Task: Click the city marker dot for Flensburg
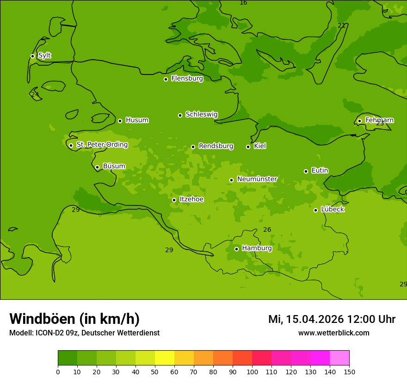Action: coord(166,79)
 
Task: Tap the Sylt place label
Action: coord(44,56)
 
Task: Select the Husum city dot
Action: coord(120,121)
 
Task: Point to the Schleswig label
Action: coord(201,114)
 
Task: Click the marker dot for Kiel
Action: coord(248,147)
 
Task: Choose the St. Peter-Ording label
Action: coord(102,144)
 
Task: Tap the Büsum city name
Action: coord(114,166)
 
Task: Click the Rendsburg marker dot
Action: coord(193,147)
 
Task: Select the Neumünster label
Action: coord(257,179)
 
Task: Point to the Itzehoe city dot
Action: coord(174,200)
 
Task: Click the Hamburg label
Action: coord(257,248)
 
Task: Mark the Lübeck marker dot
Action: coord(315,210)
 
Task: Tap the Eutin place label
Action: coord(320,170)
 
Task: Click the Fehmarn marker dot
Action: coord(359,121)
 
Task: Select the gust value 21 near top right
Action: coord(341,25)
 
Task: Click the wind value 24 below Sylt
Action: coord(35,94)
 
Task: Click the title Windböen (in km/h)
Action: coord(74,319)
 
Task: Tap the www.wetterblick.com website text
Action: coord(333,333)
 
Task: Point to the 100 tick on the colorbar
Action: coord(252,372)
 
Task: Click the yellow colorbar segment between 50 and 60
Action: coord(165,358)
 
